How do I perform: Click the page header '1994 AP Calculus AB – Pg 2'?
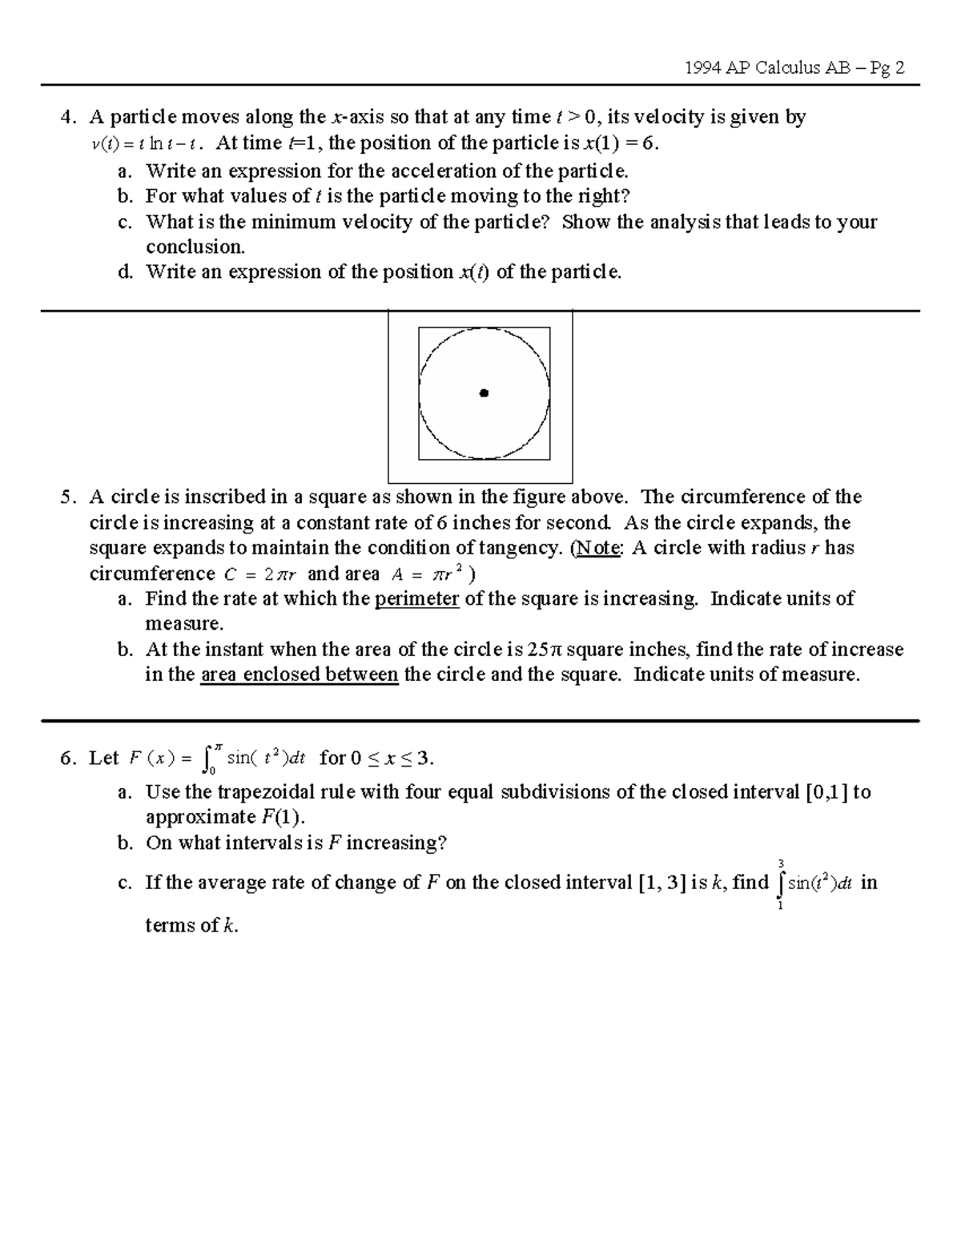point(795,68)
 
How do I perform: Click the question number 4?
point(67,118)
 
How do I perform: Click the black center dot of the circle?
point(484,393)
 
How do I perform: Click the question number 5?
point(67,497)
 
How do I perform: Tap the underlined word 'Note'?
point(598,549)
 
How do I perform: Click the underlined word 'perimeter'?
point(416,599)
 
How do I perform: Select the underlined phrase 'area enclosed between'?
point(299,674)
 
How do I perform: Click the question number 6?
point(67,759)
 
